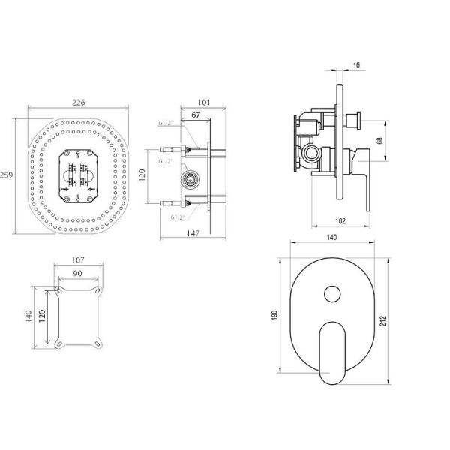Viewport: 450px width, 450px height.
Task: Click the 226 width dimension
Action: [x=78, y=103]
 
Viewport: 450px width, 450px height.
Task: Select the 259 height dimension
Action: [x=6, y=175]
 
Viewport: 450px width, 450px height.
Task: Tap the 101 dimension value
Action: [x=204, y=103]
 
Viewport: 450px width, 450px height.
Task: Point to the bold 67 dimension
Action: [x=196, y=115]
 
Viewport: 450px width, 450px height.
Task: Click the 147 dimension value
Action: [x=193, y=233]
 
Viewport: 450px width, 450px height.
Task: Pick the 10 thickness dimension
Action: [x=356, y=65]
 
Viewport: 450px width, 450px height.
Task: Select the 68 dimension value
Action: [x=379, y=141]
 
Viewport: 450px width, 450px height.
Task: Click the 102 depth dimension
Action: [x=340, y=221]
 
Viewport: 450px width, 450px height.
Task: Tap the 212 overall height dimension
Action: [x=382, y=320]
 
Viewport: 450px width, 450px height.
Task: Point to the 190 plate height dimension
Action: [x=274, y=315]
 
